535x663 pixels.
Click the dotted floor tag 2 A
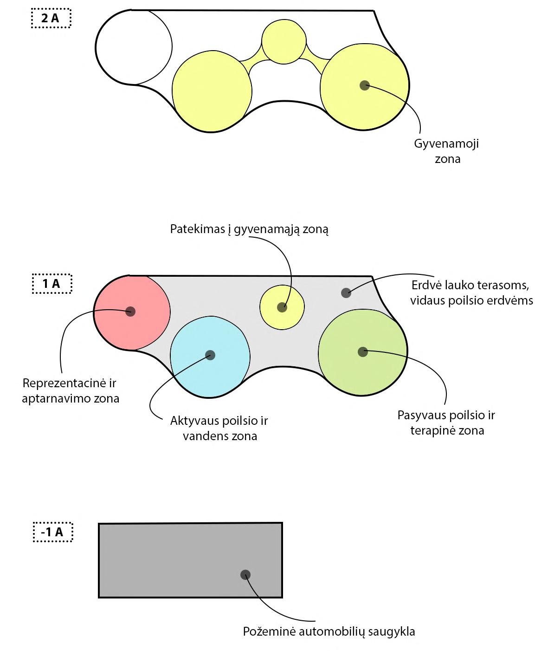[x=51, y=19]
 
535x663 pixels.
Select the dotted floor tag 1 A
[x=52, y=284]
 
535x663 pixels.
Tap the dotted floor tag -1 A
[x=53, y=532]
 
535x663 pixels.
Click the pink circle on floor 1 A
[x=132, y=312]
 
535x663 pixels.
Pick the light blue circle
[x=210, y=357]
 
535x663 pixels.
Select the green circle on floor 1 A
[x=363, y=352]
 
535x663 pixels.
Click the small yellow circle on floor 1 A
[x=282, y=307]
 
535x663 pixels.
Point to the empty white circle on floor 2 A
[x=134, y=47]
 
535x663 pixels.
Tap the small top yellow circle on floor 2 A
[x=284, y=42]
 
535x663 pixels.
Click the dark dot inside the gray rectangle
[x=245, y=575]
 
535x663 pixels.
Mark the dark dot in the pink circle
[x=130, y=311]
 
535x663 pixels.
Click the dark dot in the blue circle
[x=210, y=355]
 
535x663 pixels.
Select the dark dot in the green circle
[x=363, y=352]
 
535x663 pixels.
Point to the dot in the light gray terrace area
[x=346, y=292]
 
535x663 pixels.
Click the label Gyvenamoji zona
[x=446, y=151]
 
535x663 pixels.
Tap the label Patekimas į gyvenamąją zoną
[x=249, y=229]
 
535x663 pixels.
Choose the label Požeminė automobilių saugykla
[x=329, y=631]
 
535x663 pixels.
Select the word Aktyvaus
[x=195, y=421]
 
